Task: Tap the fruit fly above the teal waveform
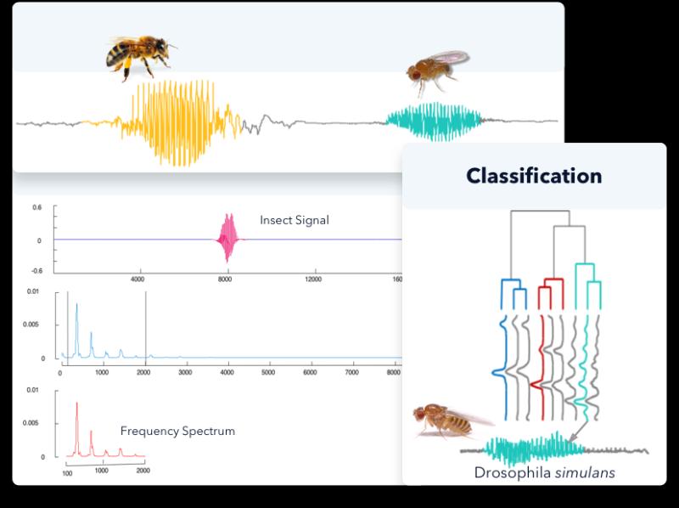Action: point(436,71)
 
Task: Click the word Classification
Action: point(534,176)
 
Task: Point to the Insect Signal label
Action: point(295,220)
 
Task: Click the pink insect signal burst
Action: point(228,238)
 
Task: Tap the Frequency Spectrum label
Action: point(177,431)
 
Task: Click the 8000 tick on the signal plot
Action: point(225,279)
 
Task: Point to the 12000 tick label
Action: point(313,279)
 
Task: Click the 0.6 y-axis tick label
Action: point(37,207)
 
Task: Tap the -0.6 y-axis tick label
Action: point(36,271)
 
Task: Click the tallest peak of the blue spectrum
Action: point(76,305)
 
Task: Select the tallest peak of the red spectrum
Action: point(77,404)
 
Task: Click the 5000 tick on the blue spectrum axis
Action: point(268,372)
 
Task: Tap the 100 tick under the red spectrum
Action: point(67,473)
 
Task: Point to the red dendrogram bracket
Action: point(551,293)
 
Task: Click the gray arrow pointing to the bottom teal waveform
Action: point(577,432)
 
